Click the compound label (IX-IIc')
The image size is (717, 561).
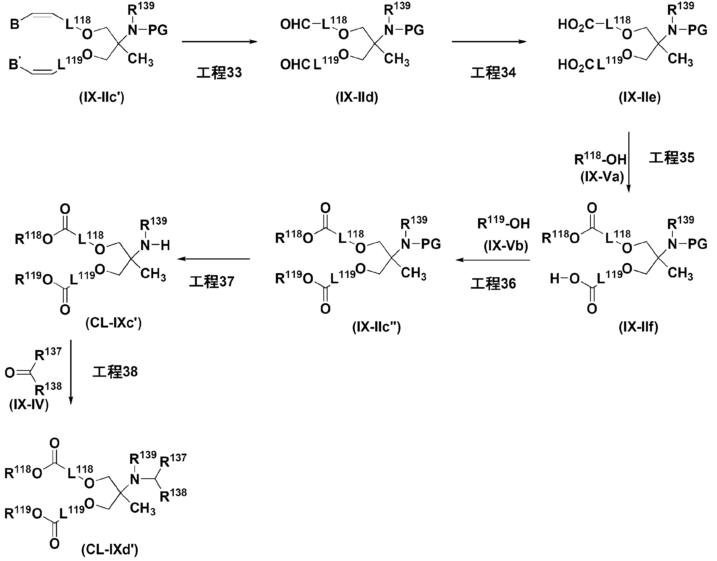(x=102, y=97)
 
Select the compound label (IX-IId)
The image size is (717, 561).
(x=357, y=97)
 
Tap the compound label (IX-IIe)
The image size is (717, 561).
(x=640, y=97)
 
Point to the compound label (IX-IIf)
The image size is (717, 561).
(x=639, y=327)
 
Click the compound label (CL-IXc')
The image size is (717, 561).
(x=114, y=323)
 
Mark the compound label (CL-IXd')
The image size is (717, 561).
(x=110, y=549)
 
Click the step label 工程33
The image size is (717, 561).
(x=219, y=73)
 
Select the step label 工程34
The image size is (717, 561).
(x=493, y=73)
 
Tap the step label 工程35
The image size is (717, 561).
(x=672, y=158)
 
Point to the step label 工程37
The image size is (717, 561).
(x=212, y=282)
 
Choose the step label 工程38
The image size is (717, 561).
(x=115, y=372)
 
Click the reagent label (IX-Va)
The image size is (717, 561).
(x=602, y=177)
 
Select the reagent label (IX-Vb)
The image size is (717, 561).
(x=506, y=246)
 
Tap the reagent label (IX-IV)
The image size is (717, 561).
(x=29, y=405)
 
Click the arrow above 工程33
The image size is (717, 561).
(x=219, y=42)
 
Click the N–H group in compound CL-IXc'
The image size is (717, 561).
(x=155, y=245)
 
